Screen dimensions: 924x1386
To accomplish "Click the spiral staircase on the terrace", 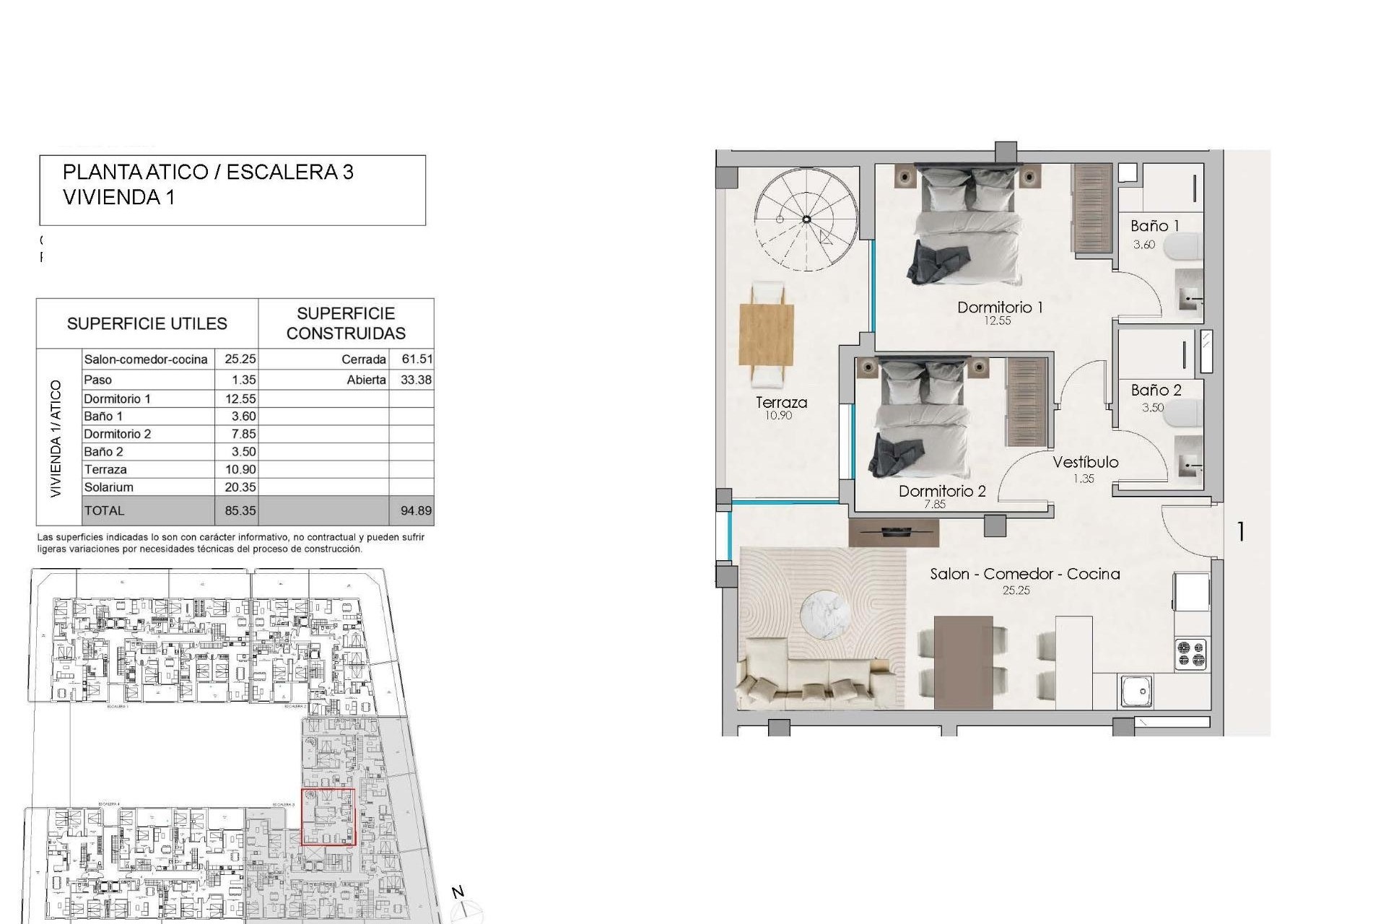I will tap(806, 219).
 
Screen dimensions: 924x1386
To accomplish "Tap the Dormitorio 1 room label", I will tap(1000, 308).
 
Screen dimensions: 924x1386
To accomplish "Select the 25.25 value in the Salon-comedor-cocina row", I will tap(240, 359).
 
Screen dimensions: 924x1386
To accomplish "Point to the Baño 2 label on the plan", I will tap(1156, 391).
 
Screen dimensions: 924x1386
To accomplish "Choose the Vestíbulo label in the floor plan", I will tap(1085, 463).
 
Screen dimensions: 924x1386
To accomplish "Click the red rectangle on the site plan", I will tap(328, 816).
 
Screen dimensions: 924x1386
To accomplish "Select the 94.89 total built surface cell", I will tap(416, 511).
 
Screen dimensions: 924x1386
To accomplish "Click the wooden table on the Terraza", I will tap(766, 335).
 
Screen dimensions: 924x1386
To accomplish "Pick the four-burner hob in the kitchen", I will tap(1190, 654).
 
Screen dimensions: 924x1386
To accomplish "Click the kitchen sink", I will tap(1136, 691).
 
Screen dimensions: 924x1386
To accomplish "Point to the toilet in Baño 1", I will tap(1187, 248).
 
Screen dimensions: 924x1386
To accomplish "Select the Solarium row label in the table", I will tap(108, 487).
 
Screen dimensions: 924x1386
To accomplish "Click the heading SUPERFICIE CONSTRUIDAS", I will tap(346, 323).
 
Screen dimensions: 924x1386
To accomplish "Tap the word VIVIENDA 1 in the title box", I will tap(118, 197).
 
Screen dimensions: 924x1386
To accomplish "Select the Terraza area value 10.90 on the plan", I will tap(778, 416).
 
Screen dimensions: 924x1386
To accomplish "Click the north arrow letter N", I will tap(458, 893).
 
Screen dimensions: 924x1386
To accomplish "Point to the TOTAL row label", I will tap(104, 511).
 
